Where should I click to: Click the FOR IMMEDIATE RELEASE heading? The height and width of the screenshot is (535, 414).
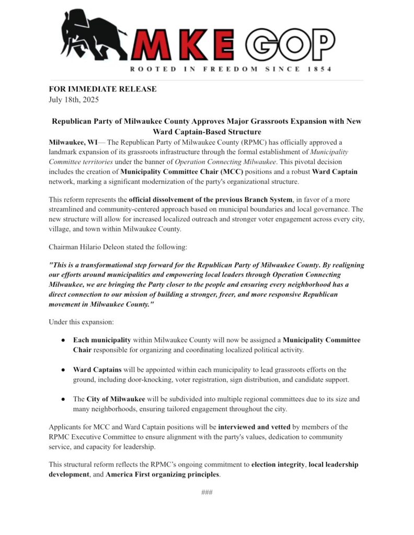pos(102,89)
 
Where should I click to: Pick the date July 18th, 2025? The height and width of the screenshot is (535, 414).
pos(74,99)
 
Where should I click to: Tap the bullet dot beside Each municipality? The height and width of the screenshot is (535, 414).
pos(63,340)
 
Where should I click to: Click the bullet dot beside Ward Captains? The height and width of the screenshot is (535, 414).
pos(63,370)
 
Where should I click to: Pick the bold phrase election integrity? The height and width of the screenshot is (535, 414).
pos(278,464)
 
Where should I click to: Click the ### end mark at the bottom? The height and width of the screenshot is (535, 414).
pos(206,492)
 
